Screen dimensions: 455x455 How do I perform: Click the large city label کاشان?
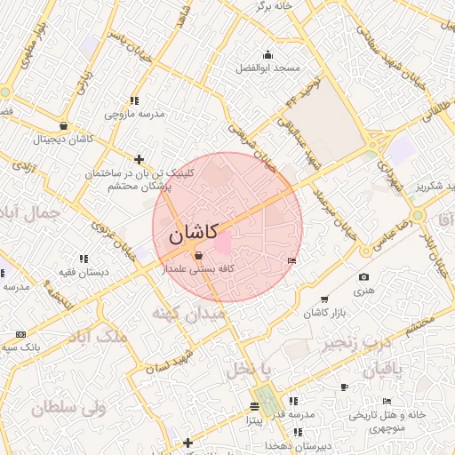click(196, 236)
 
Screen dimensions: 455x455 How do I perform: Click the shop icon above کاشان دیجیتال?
click(63, 126)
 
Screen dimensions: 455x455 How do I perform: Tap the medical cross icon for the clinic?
click(138, 158)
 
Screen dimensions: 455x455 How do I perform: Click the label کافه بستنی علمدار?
click(196, 267)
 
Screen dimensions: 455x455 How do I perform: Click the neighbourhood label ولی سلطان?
click(68, 407)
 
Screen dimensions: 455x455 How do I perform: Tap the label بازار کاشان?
click(324, 313)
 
